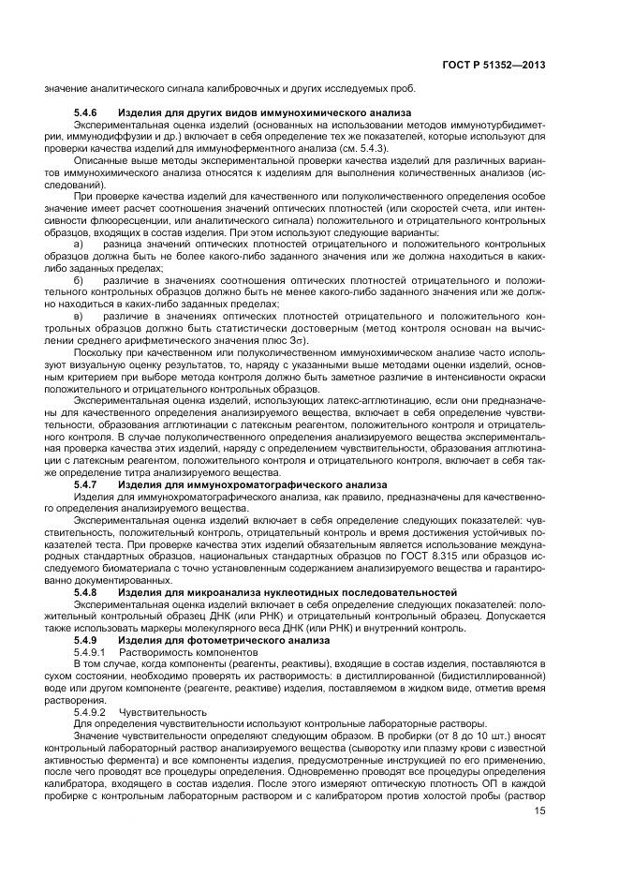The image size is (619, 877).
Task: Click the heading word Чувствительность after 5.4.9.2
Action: point(162,712)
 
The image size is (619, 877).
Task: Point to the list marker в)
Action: point(79,315)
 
